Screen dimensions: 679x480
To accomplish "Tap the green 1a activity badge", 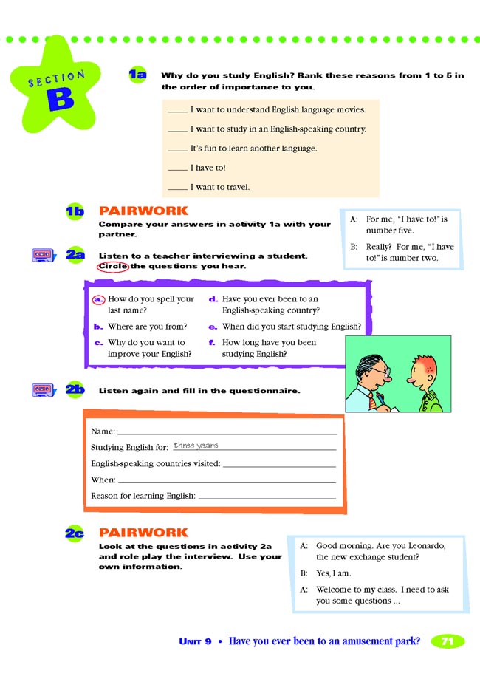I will tap(137, 74).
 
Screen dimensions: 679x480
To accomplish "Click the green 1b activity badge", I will tap(75, 212).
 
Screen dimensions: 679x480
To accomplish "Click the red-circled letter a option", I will tap(98, 299).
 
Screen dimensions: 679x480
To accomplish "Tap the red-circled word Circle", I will tap(113, 266).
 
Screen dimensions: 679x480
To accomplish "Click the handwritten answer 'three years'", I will tap(196, 446).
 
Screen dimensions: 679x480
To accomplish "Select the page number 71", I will tap(447, 641).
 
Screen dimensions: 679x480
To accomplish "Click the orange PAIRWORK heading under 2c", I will tap(143, 532).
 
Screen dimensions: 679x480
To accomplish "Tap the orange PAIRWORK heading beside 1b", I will tap(143, 211).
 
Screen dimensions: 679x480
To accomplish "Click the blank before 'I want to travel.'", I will tap(177, 188).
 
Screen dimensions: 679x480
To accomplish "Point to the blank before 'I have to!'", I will tap(177, 168).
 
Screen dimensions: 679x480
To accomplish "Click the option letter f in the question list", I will tap(212, 343).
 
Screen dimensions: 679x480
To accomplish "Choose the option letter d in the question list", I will tap(212, 299).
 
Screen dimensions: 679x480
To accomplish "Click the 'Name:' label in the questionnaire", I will tap(103, 431).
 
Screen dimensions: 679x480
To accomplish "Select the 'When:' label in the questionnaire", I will tap(103, 480).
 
